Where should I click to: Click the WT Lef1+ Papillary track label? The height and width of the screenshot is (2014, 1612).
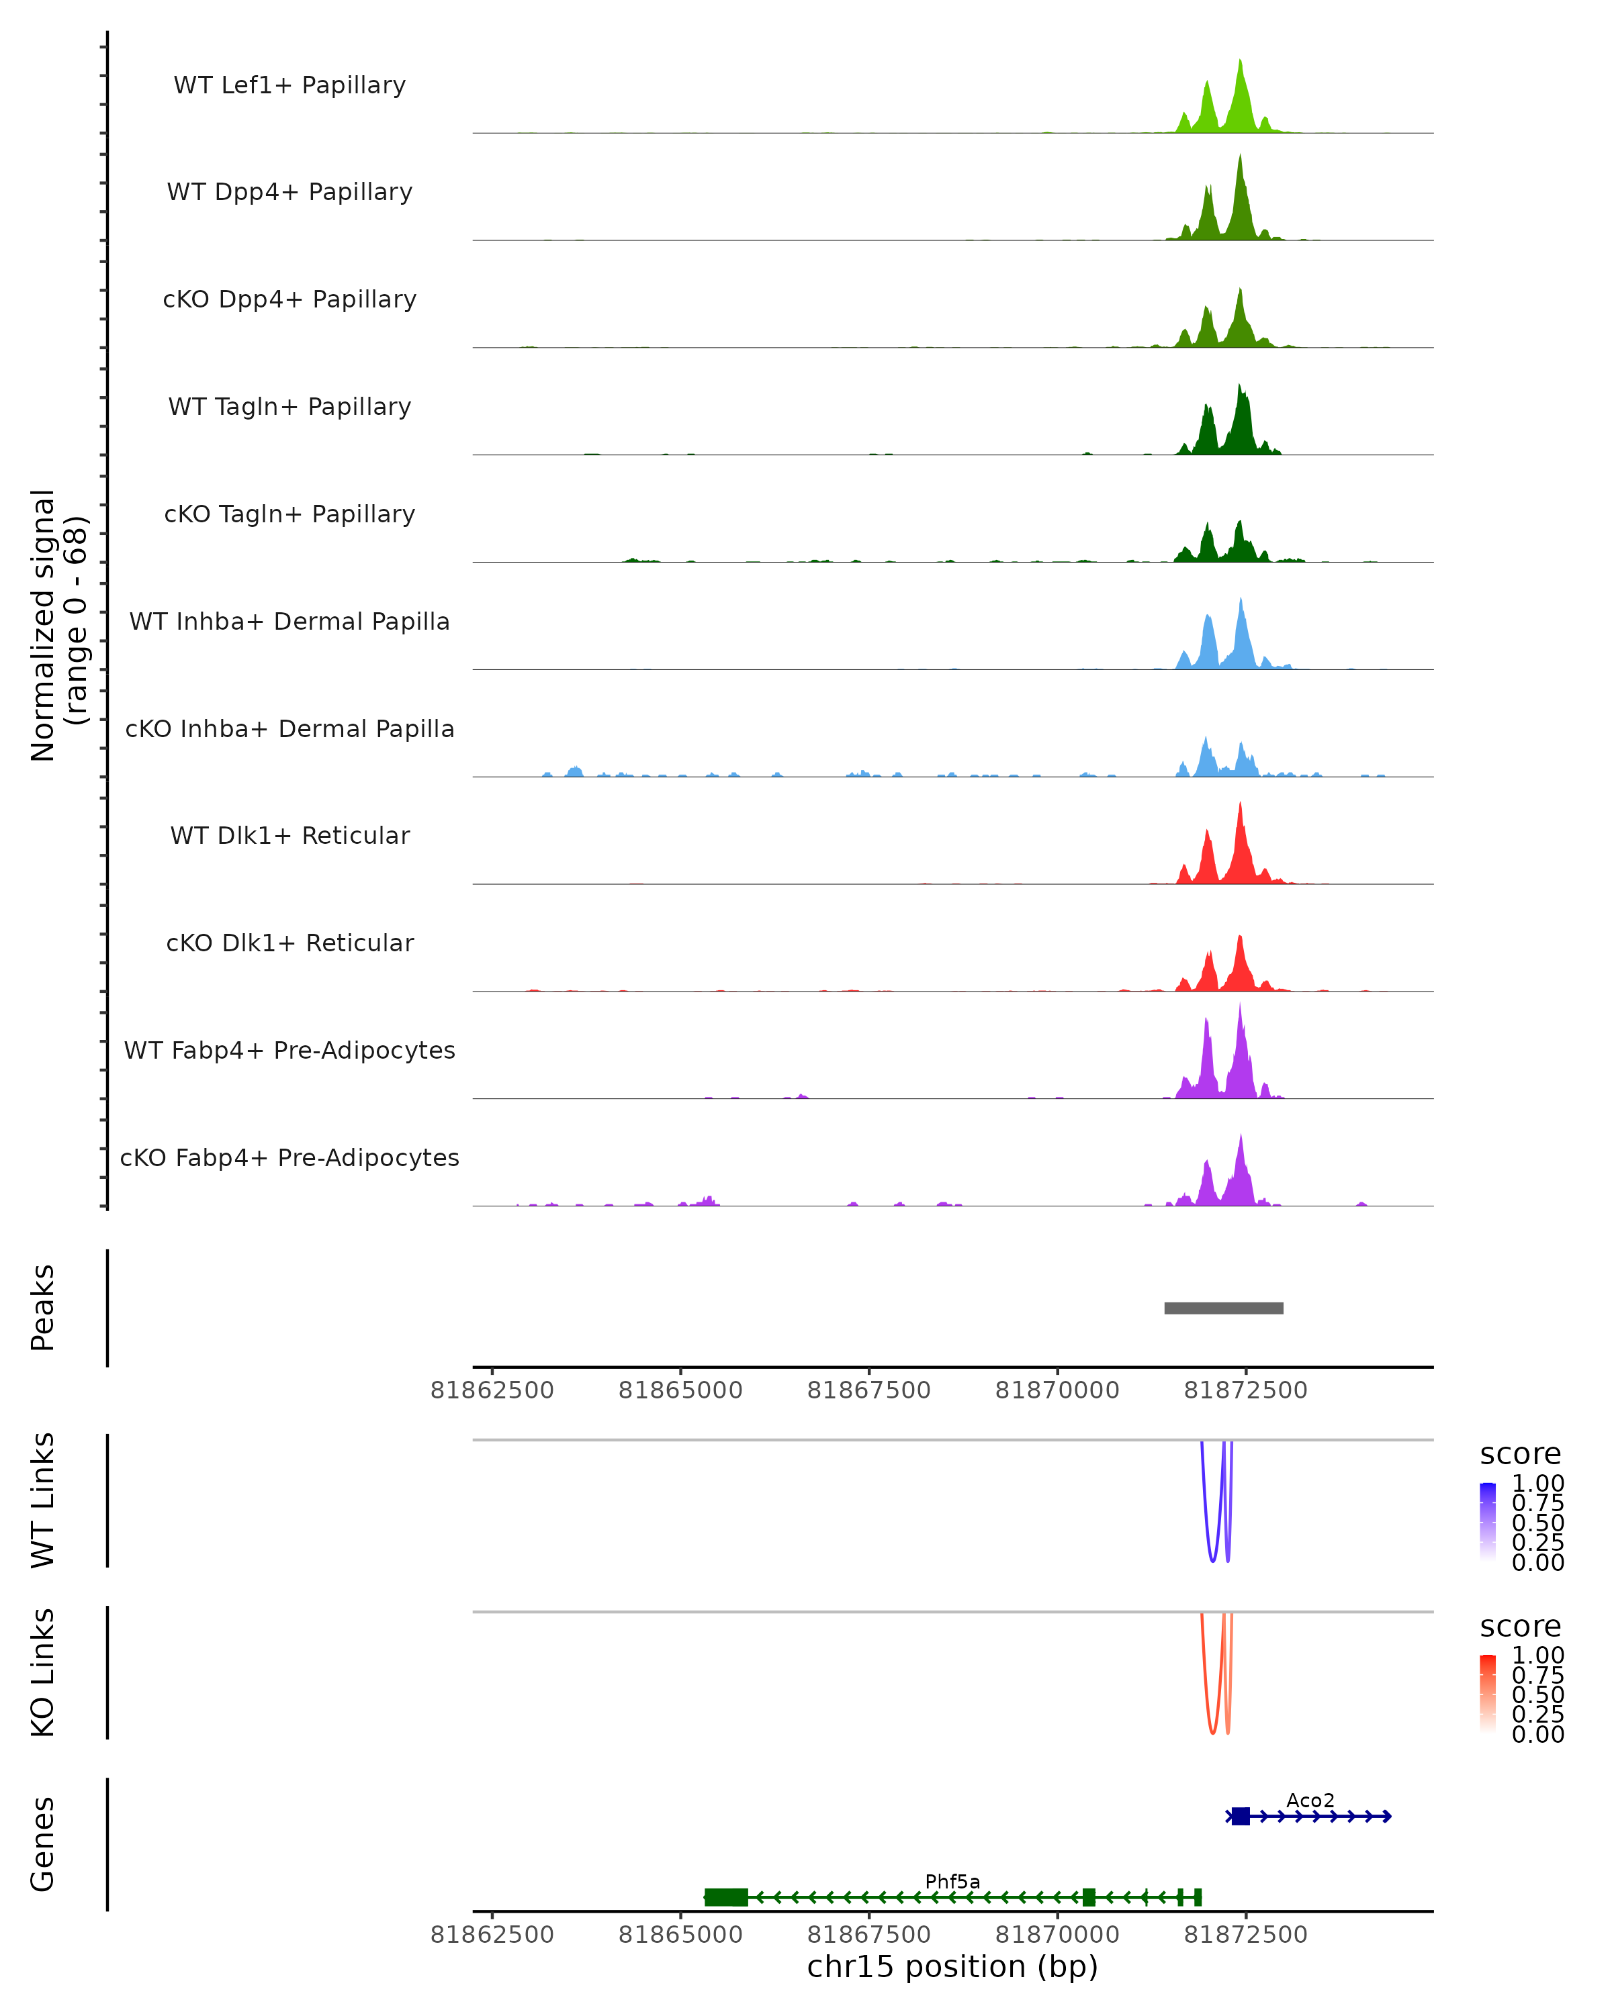(289, 85)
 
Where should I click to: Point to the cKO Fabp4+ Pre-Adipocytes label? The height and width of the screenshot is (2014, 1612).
(289, 1157)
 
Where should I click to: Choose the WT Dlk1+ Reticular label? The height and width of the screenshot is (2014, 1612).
(289, 835)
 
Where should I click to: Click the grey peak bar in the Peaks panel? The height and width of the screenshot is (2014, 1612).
(1223, 1308)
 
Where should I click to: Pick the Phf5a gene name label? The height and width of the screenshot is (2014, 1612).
(952, 1881)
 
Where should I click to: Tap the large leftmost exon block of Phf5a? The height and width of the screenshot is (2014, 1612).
(726, 1897)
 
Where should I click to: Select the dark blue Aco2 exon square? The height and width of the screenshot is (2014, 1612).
(1240, 1816)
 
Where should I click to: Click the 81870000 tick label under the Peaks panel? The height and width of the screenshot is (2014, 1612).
(1057, 1391)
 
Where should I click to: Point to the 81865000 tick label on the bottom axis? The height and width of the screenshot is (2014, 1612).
(680, 1935)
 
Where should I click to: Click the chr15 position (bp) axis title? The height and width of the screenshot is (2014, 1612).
(952, 1967)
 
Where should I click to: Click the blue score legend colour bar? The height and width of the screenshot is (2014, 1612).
(1488, 1522)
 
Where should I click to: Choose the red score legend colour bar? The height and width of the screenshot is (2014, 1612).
(1488, 1694)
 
